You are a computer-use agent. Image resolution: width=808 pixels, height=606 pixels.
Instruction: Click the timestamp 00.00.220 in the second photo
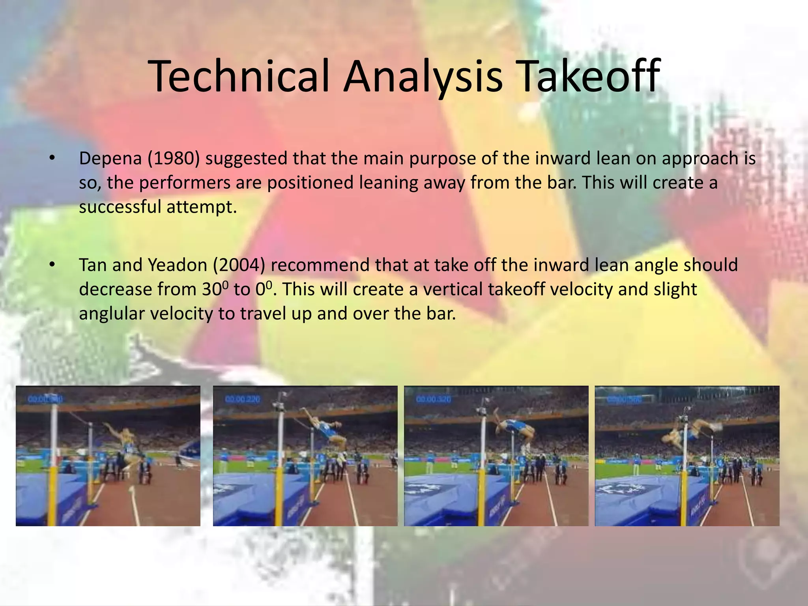coord(242,400)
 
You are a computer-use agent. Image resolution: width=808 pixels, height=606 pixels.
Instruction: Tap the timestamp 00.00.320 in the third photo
coord(433,400)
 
